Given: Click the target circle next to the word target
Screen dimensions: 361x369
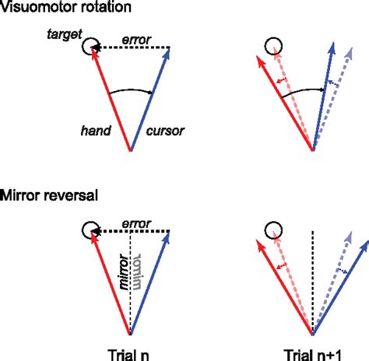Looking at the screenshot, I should (91, 47).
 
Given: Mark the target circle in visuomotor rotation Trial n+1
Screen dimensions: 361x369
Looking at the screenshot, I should (273, 47).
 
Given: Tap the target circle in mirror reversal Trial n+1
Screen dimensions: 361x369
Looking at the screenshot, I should (273, 230).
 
